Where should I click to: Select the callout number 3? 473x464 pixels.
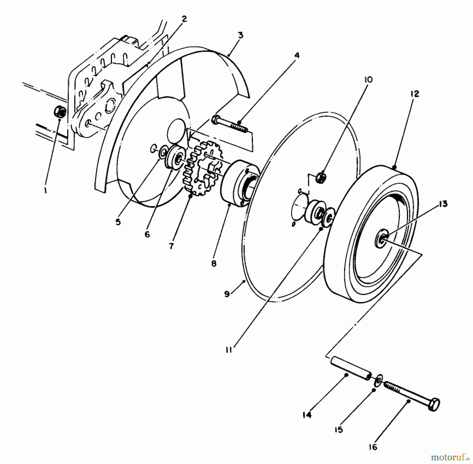click(240, 35)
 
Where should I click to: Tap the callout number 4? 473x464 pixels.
click(296, 55)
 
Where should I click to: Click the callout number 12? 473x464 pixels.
click(415, 94)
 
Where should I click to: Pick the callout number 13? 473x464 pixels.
click(443, 204)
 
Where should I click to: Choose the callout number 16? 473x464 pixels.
click(373, 447)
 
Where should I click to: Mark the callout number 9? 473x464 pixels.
click(227, 294)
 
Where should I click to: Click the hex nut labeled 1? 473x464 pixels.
click(60, 112)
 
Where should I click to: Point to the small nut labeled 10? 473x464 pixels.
click(321, 178)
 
